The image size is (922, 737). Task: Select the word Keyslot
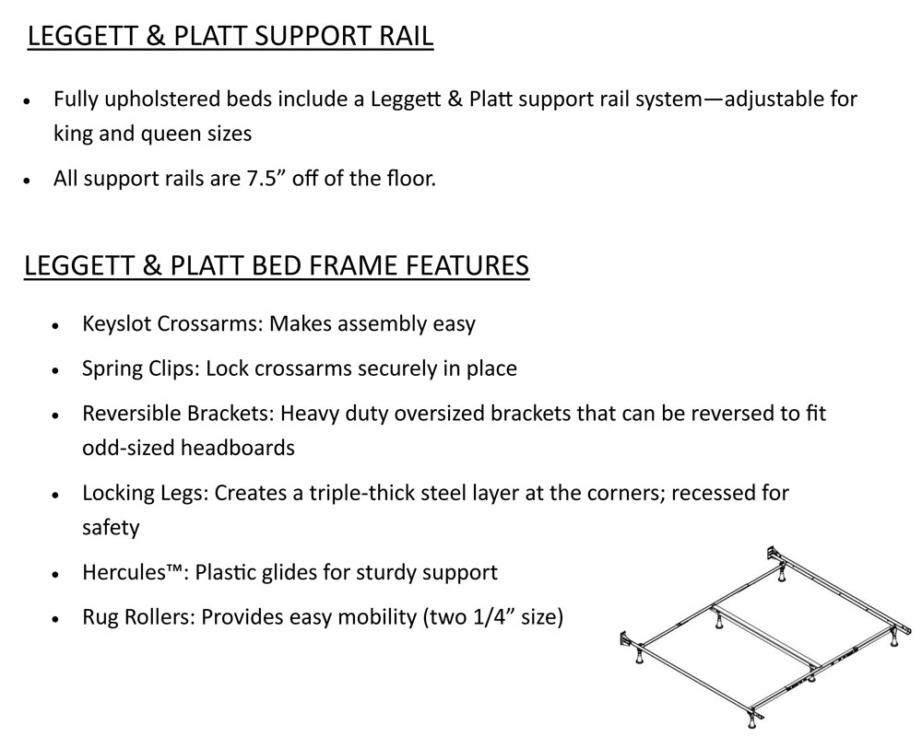[116, 324]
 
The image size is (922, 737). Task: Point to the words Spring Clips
[141, 369]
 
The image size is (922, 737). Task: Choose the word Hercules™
[135, 572]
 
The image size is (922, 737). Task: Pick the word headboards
[238, 448]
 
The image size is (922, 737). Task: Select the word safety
[111, 527]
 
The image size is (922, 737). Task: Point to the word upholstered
[164, 99]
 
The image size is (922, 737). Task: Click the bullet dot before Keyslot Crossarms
[55, 325]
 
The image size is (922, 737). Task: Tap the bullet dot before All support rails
[27, 180]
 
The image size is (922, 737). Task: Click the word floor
[411, 178]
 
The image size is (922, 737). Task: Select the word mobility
[377, 617]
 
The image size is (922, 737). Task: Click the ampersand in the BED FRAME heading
[152, 265]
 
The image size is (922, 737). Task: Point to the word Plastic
[225, 572]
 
